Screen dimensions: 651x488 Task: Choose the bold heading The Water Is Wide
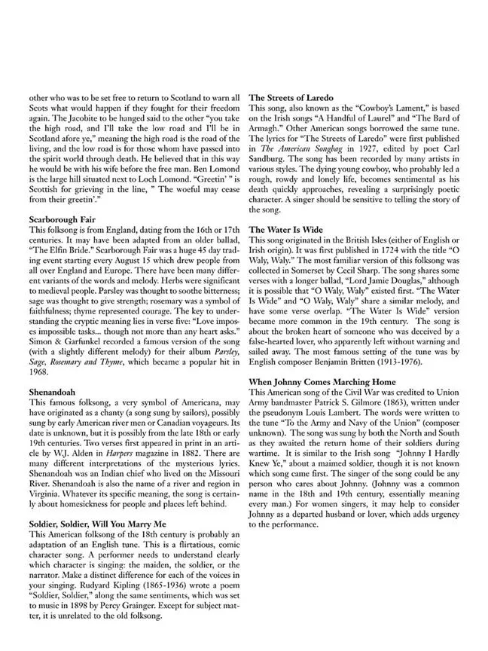(288, 228)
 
